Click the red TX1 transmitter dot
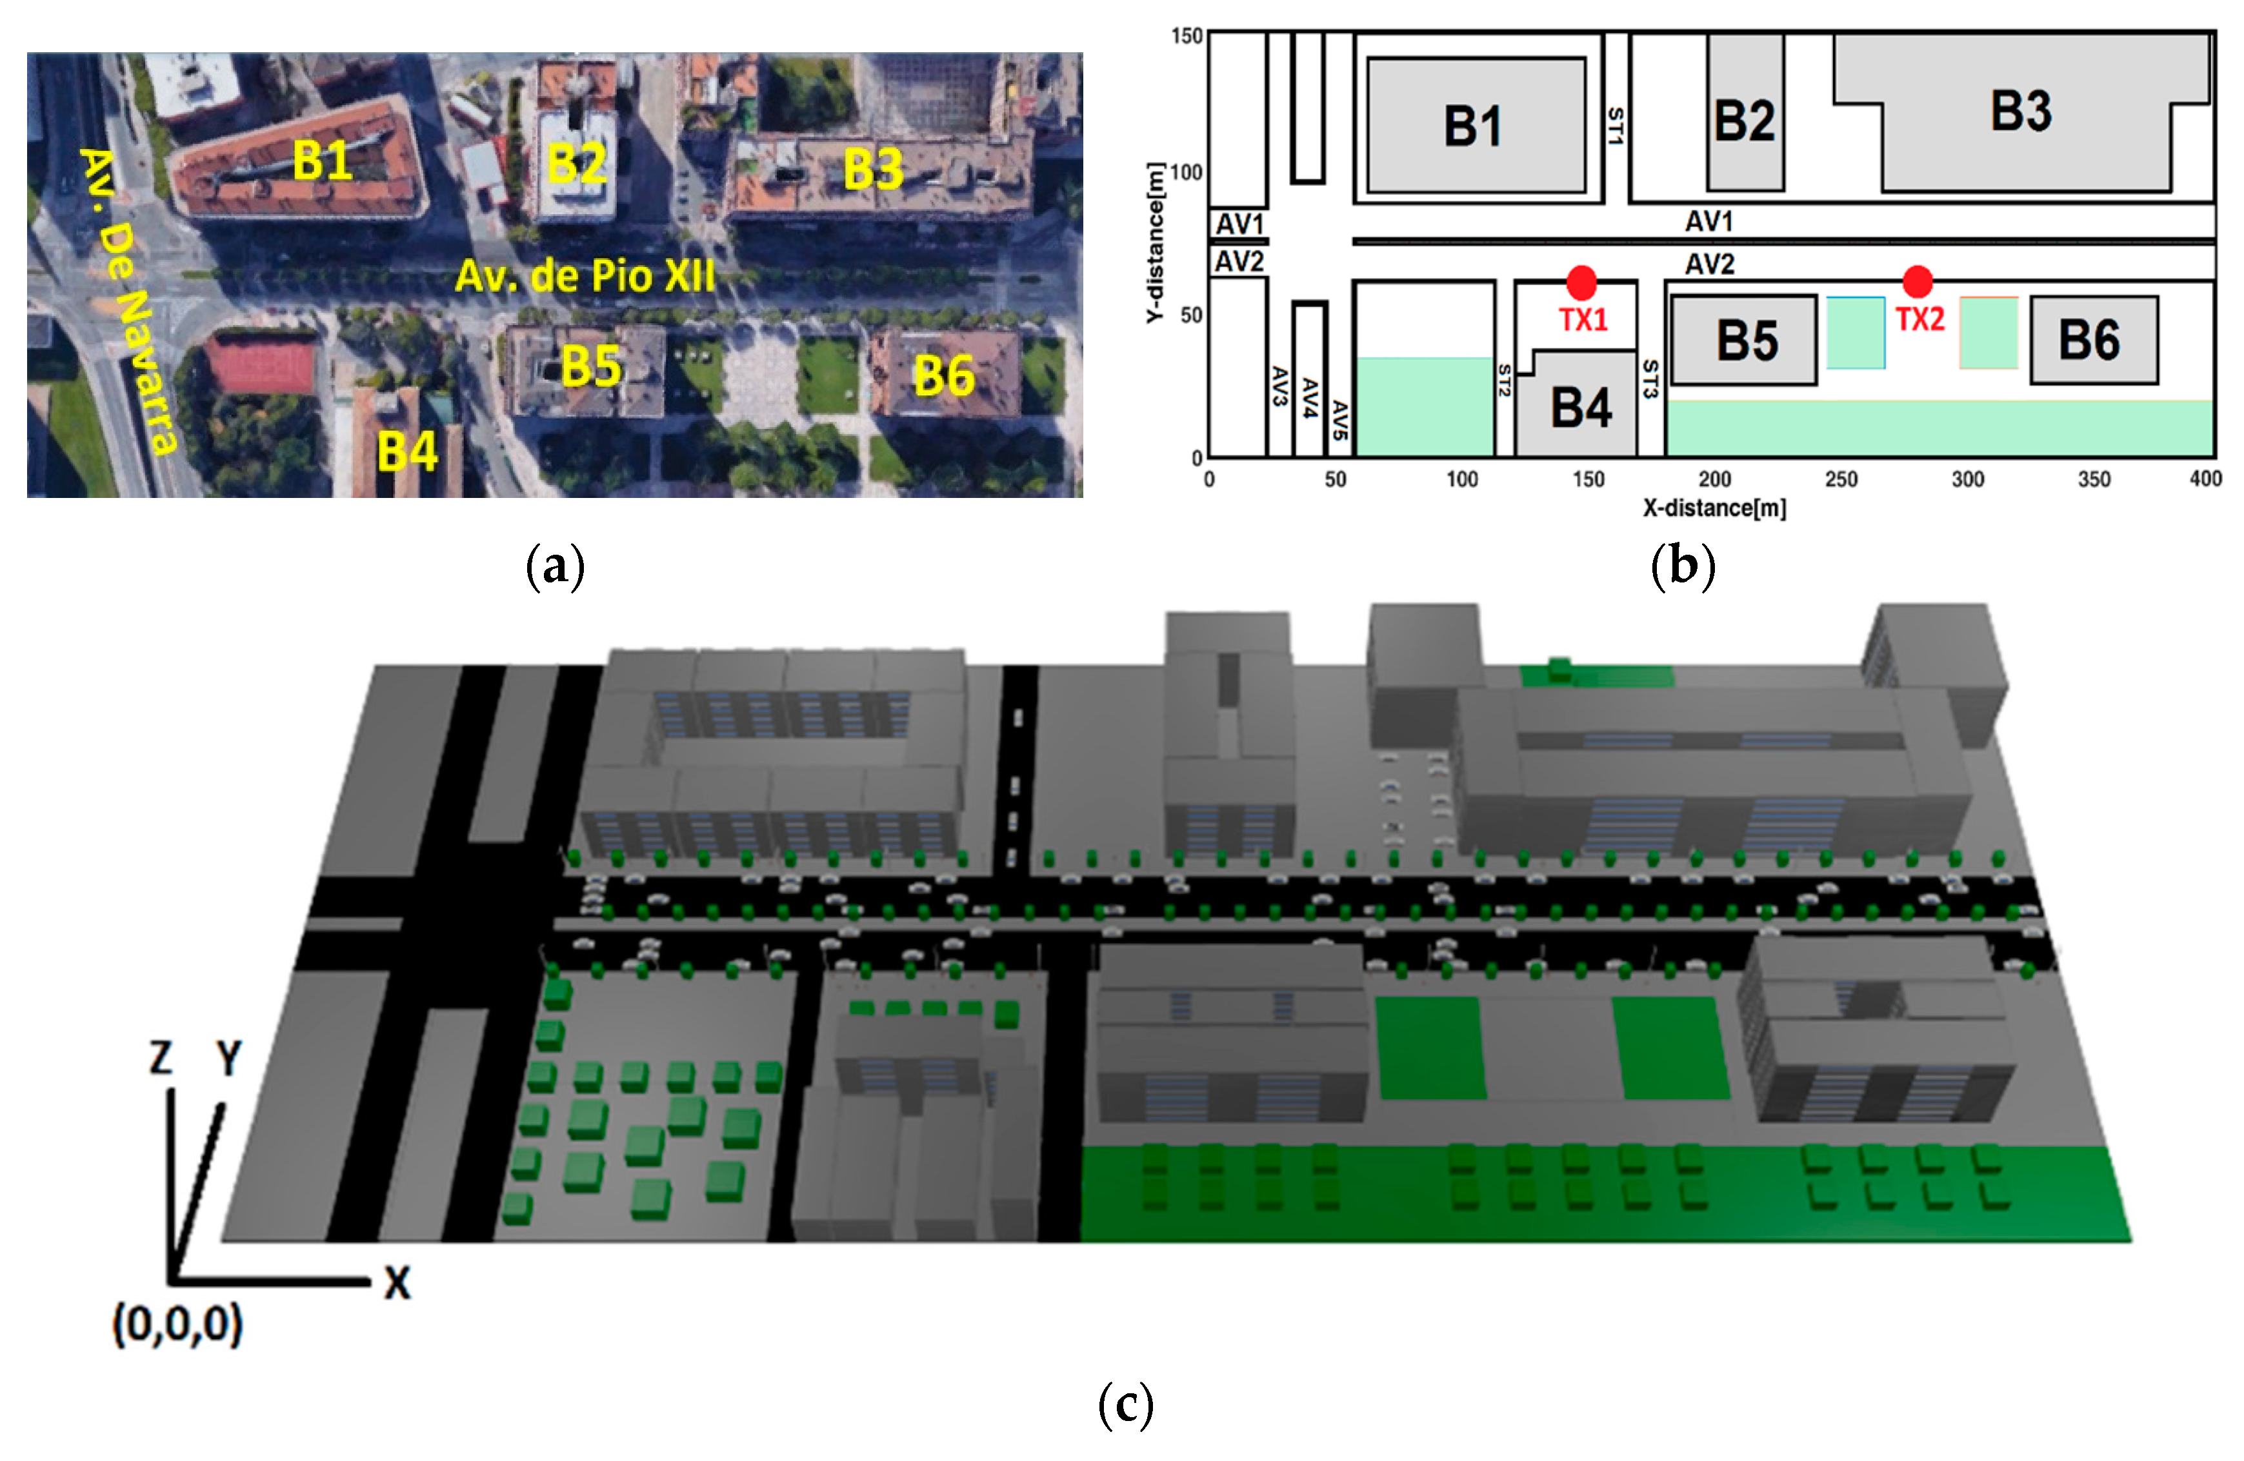1581,282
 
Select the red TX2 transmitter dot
1917,281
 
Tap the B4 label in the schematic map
1581,408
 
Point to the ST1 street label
1615,126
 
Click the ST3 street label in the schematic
1650,379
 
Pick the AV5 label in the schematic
1339,421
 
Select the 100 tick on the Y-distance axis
1186,172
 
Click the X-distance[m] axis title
1714,508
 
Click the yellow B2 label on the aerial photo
577,163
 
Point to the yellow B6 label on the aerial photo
944,376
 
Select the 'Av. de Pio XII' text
585,276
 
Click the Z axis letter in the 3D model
161,1058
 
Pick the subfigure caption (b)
1683,566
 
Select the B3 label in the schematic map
2021,111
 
